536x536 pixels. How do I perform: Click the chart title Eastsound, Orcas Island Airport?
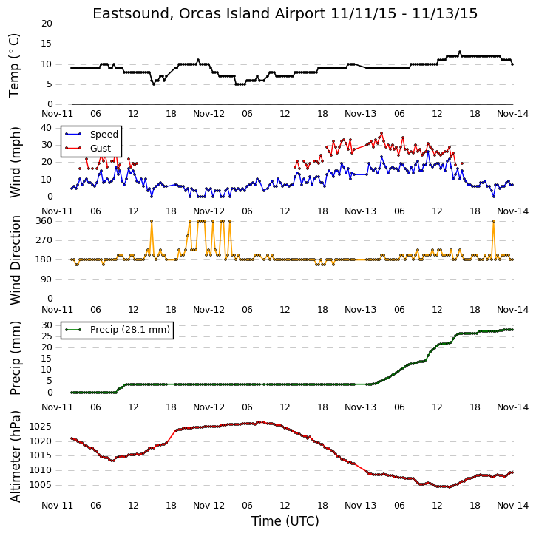209,14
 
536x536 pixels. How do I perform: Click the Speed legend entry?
92,135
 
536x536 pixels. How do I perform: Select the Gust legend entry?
88,149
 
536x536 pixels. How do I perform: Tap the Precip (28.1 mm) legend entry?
118,330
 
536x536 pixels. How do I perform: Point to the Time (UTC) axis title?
285,522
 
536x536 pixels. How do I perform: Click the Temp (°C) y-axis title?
14,65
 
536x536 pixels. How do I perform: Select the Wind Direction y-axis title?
16,260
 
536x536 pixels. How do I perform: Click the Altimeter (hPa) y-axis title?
16,456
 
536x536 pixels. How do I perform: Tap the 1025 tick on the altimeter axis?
41,427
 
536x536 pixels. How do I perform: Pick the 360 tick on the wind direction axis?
44,221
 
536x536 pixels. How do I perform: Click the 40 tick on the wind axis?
47,128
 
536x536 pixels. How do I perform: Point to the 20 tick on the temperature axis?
47,24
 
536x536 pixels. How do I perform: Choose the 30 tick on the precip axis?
47,325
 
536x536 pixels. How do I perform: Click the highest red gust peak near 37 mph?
381,133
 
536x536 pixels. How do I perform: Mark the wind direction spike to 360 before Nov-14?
494,221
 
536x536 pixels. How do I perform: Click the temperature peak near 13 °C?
460,52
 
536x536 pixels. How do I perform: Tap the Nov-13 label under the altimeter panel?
360,506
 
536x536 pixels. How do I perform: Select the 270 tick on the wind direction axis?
44,241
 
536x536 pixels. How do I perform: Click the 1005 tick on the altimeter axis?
41,485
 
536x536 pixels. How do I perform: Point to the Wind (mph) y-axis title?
16,163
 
